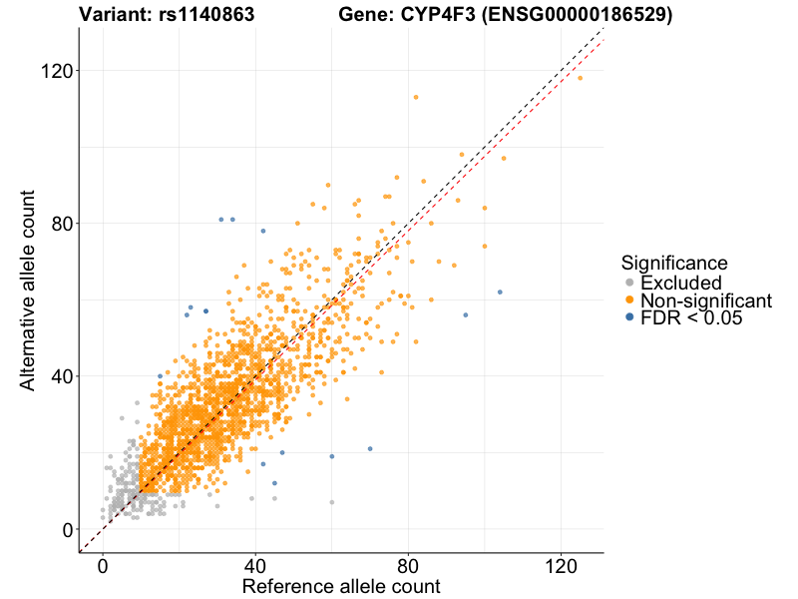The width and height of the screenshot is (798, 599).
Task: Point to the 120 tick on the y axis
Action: [57, 71]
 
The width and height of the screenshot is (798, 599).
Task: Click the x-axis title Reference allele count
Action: [341, 586]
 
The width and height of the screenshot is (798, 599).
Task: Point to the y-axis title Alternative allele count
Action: [28, 290]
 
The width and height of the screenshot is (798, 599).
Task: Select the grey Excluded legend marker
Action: [628, 283]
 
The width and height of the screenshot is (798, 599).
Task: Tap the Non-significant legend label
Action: [706, 300]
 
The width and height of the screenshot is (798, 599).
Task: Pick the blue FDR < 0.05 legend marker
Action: [628, 318]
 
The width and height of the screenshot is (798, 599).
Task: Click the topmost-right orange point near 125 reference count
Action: [580, 78]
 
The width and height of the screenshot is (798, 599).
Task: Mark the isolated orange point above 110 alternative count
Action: [416, 97]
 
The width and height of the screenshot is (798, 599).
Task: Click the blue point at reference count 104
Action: [500, 292]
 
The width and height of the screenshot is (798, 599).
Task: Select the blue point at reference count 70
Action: [370, 449]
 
